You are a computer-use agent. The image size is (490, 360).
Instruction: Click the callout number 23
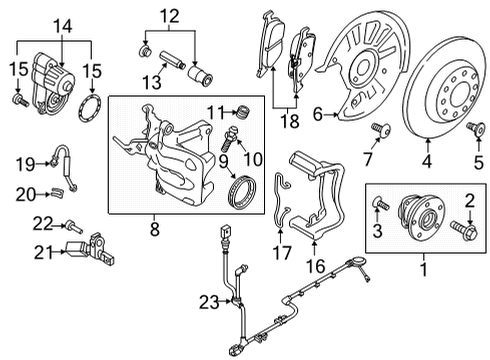click(x=209, y=303)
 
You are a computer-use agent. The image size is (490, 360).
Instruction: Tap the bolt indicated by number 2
click(x=464, y=230)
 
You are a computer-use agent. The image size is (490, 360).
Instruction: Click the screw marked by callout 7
click(x=382, y=129)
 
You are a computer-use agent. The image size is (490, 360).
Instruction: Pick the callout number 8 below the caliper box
click(x=155, y=229)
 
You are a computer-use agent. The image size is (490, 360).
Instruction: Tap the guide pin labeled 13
click(x=173, y=60)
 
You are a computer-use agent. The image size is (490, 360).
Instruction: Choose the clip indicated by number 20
click(x=58, y=192)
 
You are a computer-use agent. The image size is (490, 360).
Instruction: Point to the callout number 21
click(x=43, y=253)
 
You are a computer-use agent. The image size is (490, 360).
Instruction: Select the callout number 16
click(x=315, y=266)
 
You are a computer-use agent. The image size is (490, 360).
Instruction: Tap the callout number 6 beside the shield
click(x=318, y=114)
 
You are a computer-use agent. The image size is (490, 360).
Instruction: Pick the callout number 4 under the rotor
click(x=427, y=162)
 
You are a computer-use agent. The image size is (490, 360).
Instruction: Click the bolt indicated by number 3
click(x=381, y=203)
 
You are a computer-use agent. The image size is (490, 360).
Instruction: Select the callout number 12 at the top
click(x=170, y=16)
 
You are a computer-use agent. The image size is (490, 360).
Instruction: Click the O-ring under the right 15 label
click(x=90, y=108)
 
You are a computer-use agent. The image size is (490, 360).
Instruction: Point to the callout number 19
click(x=25, y=164)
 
